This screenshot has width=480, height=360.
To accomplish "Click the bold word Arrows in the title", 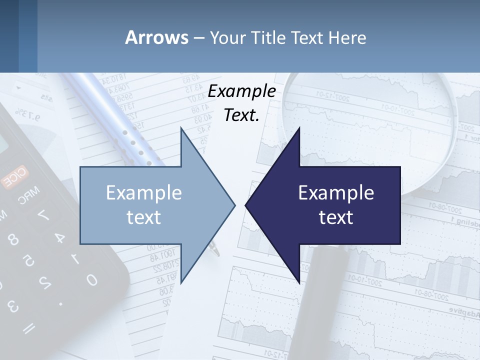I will pyautogui.click(x=157, y=37).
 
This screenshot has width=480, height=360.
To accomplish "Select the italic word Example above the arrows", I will pyautogui.click(x=242, y=91).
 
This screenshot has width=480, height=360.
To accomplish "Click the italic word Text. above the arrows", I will pyautogui.click(x=242, y=115).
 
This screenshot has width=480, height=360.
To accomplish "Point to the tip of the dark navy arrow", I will pyautogui.click(x=246, y=205).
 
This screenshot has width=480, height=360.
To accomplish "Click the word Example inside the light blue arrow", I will pyautogui.click(x=144, y=192).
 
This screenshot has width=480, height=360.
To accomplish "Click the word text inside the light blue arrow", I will pyautogui.click(x=144, y=217).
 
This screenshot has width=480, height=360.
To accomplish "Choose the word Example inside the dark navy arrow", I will pyautogui.click(x=336, y=192).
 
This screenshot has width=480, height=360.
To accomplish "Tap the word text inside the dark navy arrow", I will pyautogui.click(x=336, y=217).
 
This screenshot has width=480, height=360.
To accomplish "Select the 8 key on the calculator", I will pyautogui.click(x=13, y=239).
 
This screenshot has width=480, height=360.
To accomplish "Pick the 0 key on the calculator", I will pyautogui.click(x=91, y=279).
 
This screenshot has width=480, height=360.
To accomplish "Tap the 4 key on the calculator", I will pyautogui.click(x=59, y=237).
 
